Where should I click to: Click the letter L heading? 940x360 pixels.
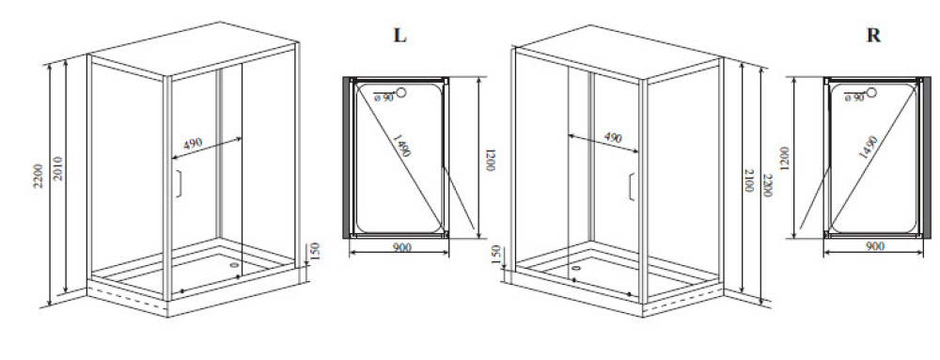tap(399, 36)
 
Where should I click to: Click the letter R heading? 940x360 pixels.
tap(873, 36)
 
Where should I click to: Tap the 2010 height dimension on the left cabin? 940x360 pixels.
tap(58, 170)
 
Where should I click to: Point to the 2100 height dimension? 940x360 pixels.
tap(749, 180)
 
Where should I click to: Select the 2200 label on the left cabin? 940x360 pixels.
tap(39, 175)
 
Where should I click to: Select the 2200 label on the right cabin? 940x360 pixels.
tap(768, 186)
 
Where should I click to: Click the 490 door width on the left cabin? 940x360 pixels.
tap(193, 144)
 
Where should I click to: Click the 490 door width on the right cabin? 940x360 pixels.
tap(612, 137)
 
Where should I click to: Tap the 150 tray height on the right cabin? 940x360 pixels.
tap(495, 254)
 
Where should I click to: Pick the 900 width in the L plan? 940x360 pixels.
tap(401, 247)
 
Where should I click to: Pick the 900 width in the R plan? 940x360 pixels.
tap(875, 246)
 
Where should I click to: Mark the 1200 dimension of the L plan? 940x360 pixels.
tap(491, 160)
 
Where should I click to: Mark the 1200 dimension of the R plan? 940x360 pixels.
tap(785, 159)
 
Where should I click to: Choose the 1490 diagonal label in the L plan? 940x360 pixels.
tap(401, 145)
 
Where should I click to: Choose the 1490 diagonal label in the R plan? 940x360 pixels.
tap(868, 148)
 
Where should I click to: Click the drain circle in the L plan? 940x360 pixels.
tap(401, 92)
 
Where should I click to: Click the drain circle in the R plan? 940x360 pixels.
tap(871, 92)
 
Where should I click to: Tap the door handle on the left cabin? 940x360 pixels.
tap(178, 183)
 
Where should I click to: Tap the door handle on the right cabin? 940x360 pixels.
tap(632, 187)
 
